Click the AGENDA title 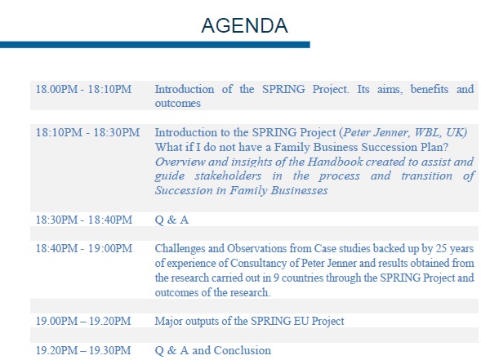244,26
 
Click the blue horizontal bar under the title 155,44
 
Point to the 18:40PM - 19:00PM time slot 82,247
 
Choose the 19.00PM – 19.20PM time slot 82,321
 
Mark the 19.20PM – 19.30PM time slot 82,350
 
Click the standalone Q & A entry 171,220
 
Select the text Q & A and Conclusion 212,350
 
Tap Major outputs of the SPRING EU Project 249,321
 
